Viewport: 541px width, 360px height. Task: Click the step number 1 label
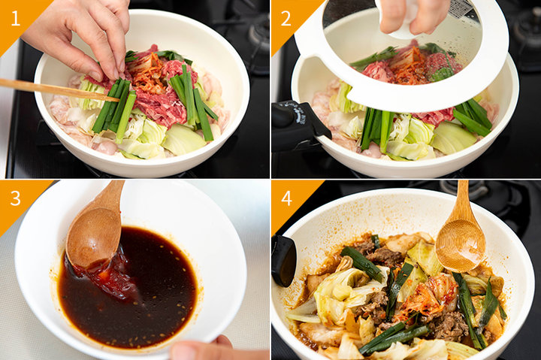(15, 18)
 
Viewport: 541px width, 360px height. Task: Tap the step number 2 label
(286, 19)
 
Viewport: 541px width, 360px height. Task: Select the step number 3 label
(16, 198)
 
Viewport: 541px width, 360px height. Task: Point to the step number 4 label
(286, 198)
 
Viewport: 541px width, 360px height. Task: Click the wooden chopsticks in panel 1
(59, 89)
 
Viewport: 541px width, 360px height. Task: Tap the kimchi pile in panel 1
(147, 74)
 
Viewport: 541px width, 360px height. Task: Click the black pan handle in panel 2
(298, 125)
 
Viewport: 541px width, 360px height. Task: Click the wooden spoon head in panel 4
(461, 245)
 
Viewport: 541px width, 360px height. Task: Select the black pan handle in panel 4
(283, 261)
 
